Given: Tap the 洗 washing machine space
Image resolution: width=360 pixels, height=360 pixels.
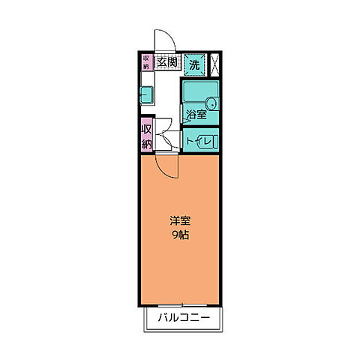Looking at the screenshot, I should (x=194, y=64).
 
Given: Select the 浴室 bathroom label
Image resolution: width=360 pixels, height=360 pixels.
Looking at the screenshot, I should (x=196, y=115).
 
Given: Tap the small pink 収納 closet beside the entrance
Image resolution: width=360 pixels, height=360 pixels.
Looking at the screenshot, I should (x=146, y=61).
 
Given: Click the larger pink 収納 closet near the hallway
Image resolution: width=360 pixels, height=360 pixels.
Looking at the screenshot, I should (x=147, y=135).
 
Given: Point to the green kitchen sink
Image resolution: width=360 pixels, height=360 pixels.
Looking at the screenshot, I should (x=146, y=94).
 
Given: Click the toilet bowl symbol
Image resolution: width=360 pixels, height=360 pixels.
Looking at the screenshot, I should (x=211, y=140).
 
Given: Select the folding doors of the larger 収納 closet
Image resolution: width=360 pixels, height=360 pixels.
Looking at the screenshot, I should (x=158, y=135).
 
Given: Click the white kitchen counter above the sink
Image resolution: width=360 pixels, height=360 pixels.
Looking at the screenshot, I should (x=147, y=79).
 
